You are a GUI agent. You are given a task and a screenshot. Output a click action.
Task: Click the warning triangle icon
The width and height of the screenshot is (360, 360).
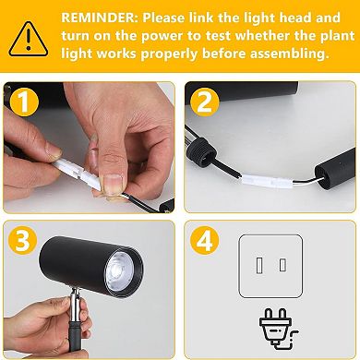(29, 39)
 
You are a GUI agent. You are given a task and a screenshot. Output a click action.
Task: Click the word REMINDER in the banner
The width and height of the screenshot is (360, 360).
(99, 18)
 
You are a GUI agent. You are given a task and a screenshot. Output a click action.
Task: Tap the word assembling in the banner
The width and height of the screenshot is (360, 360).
(287, 54)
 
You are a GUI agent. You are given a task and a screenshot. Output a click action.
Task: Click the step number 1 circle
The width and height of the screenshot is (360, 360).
(24, 102)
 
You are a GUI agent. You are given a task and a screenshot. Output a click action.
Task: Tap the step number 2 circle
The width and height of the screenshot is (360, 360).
(205, 102)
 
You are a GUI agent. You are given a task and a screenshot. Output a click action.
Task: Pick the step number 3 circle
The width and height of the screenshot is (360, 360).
(23, 240)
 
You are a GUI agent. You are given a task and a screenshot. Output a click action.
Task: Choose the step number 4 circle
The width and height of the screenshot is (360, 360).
(205, 240)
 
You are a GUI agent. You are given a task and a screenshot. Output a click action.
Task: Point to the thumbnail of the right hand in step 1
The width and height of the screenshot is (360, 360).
(113, 184)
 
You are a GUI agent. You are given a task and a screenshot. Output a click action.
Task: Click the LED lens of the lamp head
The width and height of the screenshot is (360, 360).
(120, 271)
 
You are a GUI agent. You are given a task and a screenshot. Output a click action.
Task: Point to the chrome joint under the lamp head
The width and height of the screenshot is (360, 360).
(75, 304)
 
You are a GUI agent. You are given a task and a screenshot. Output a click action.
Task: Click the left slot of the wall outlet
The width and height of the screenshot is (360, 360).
(259, 266)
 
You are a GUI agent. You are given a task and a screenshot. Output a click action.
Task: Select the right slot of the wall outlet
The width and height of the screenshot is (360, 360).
(282, 265)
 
